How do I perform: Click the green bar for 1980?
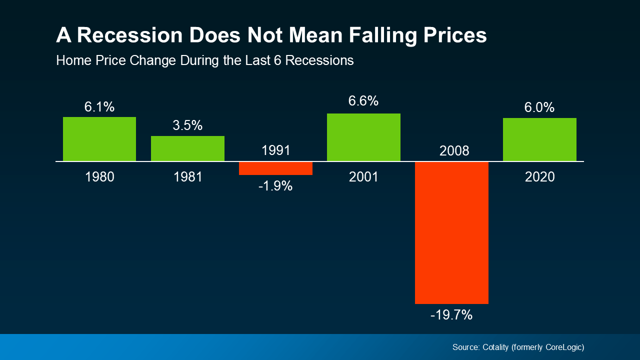tap(99, 139)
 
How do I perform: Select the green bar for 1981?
tap(187, 148)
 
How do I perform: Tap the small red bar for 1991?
tap(275, 168)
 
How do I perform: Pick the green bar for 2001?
tap(363, 137)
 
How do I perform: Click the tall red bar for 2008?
tap(451, 232)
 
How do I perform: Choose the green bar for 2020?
tap(539, 139)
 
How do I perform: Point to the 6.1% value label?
tap(99, 106)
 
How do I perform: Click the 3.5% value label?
tap(187, 125)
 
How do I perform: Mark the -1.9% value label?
tap(275, 186)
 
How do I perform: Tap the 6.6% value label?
tap(363, 101)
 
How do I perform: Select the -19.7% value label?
tap(451, 315)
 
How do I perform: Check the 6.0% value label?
tap(539, 107)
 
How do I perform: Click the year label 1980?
tap(99, 177)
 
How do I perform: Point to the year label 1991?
tap(275, 150)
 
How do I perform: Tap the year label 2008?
tap(454, 150)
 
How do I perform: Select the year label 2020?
tap(539, 177)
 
